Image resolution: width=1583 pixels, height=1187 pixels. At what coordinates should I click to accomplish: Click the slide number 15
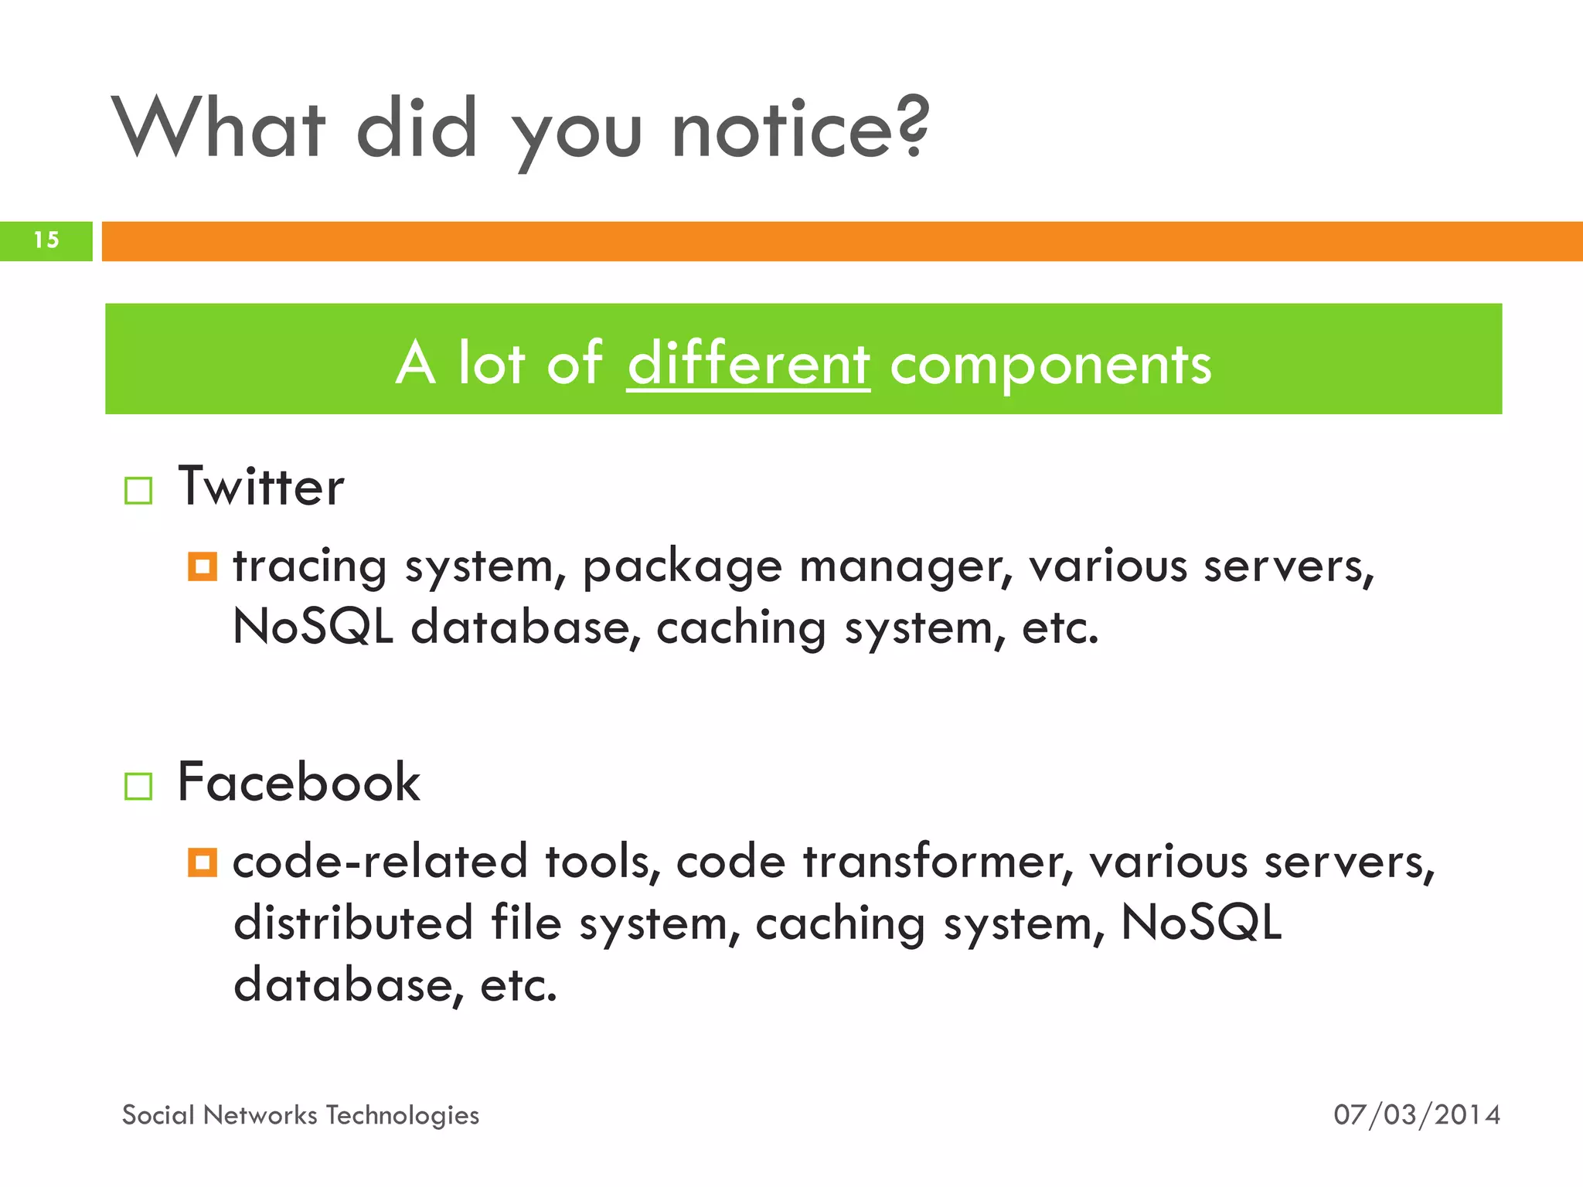click(46, 240)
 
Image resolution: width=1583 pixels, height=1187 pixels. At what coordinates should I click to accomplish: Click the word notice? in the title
click(800, 130)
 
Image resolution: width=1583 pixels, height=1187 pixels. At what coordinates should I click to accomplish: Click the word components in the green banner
click(1050, 365)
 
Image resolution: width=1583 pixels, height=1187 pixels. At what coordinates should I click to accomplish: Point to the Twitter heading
click(260, 487)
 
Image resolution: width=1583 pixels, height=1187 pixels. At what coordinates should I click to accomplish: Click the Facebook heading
click(298, 783)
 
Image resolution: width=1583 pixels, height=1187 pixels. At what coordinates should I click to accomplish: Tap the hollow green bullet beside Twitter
click(138, 490)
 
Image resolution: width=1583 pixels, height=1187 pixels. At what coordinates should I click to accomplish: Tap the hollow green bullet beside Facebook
click(138, 786)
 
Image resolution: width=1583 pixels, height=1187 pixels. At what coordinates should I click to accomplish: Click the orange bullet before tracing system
click(203, 566)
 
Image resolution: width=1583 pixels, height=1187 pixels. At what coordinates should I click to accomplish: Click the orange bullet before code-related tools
click(203, 862)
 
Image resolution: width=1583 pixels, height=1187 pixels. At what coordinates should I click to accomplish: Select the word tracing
click(309, 568)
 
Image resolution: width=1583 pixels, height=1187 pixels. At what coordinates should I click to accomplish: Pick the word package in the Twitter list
click(682, 568)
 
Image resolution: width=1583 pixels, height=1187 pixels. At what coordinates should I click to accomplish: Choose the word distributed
click(353, 923)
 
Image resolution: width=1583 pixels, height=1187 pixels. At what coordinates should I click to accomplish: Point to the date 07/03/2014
click(1416, 1115)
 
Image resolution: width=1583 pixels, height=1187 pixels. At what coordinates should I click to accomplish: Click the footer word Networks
click(260, 1115)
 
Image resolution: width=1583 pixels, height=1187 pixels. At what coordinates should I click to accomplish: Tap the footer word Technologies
click(402, 1116)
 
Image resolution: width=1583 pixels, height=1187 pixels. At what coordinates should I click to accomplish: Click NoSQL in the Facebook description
click(1200, 923)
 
